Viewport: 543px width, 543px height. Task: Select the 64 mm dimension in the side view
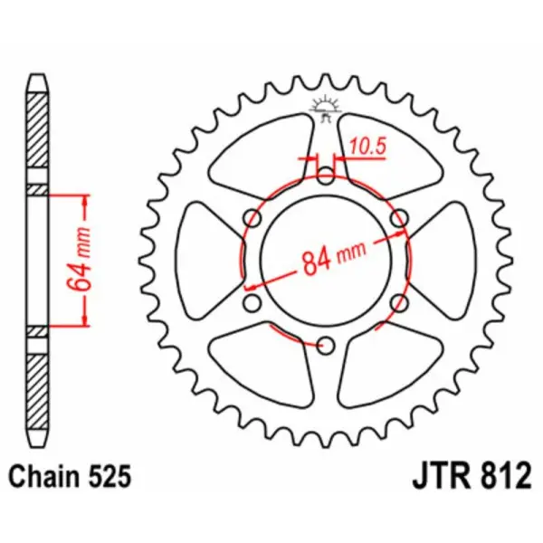[76, 260]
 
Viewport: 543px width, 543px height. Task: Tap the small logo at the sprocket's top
[325, 107]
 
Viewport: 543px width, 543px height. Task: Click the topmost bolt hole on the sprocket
[325, 176]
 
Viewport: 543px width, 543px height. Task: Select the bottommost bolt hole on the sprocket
[325, 343]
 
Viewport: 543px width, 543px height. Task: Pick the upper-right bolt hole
[397, 218]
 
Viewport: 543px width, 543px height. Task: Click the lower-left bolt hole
[252, 301]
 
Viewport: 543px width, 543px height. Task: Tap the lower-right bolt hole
[397, 301]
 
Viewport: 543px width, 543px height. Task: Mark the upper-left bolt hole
[252, 218]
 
